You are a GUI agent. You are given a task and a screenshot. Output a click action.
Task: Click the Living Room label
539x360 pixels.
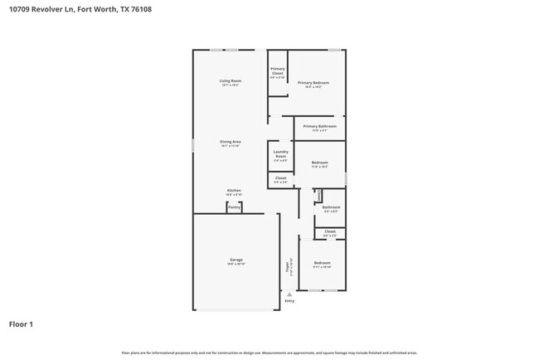tap(230, 80)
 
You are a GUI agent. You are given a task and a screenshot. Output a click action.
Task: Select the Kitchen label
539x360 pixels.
tap(234, 190)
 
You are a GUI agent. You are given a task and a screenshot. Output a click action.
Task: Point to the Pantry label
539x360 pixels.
tap(235, 207)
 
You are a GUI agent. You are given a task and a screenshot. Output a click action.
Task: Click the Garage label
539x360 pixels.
tap(236, 260)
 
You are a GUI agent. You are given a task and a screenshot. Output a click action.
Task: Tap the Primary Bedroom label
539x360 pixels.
tap(313, 82)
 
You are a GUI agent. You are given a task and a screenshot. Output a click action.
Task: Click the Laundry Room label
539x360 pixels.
tap(280, 153)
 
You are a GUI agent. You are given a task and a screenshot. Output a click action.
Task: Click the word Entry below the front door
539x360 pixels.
tap(289, 300)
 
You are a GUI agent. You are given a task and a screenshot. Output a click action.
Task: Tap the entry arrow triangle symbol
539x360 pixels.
tap(289, 294)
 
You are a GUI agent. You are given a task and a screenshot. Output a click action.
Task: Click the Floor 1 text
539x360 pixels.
tap(21, 324)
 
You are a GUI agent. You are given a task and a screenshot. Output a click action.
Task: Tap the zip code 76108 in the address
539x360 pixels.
tap(140, 9)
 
